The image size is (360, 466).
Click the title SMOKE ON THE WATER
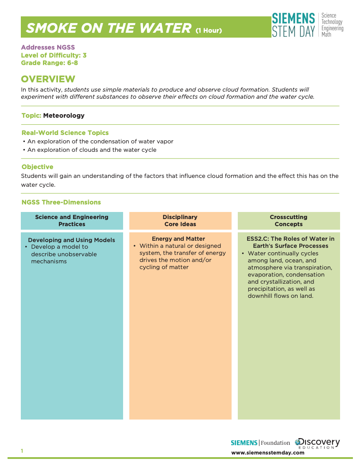(x=108, y=28)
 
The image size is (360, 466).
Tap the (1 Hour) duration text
(x=209, y=30)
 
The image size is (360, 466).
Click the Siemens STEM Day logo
(x=307, y=25)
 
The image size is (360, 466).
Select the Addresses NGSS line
(x=48, y=47)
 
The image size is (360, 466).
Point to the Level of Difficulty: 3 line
(x=54, y=55)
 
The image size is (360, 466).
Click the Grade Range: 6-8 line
(x=50, y=63)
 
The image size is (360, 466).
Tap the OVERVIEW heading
(x=48, y=79)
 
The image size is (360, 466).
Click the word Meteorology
(x=64, y=116)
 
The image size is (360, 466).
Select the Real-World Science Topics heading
(x=65, y=133)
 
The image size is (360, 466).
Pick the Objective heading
(x=38, y=167)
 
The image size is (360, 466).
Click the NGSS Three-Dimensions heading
(x=62, y=202)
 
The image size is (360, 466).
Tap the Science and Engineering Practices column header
(x=72, y=220)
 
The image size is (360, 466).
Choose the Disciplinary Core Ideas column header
(x=180, y=220)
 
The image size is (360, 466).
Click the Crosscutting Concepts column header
(x=289, y=220)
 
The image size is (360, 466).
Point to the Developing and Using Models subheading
(x=71, y=240)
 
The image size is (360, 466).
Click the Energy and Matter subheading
(x=178, y=239)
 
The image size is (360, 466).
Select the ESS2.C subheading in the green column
(x=290, y=242)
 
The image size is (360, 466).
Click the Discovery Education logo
(x=318, y=443)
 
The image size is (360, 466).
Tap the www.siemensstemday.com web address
(x=268, y=452)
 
